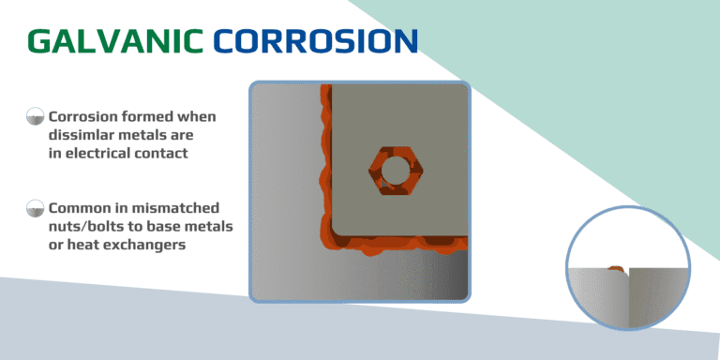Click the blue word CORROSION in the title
[x=314, y=40]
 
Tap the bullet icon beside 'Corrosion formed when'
[x=36, y=117]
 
